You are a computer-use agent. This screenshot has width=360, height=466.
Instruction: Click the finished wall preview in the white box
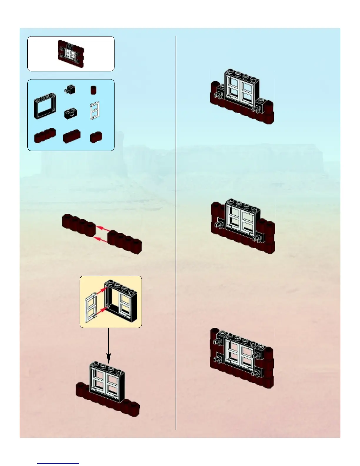pos(71,53)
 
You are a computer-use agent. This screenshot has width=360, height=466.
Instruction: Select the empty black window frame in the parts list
pos(45,105)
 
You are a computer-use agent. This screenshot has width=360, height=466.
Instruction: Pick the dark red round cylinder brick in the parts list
pos(94,90)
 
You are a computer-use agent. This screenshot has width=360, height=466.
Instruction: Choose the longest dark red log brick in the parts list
pos(45,136)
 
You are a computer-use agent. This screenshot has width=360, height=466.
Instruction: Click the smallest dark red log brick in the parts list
pos(96,137)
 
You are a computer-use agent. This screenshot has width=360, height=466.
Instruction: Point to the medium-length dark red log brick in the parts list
pos(71,137)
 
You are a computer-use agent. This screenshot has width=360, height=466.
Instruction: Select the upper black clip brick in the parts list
pos(70,89)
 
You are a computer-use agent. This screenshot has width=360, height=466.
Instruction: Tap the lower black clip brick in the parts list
pos(70,113)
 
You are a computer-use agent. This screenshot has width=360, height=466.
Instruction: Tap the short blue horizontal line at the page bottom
pos(58,463)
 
